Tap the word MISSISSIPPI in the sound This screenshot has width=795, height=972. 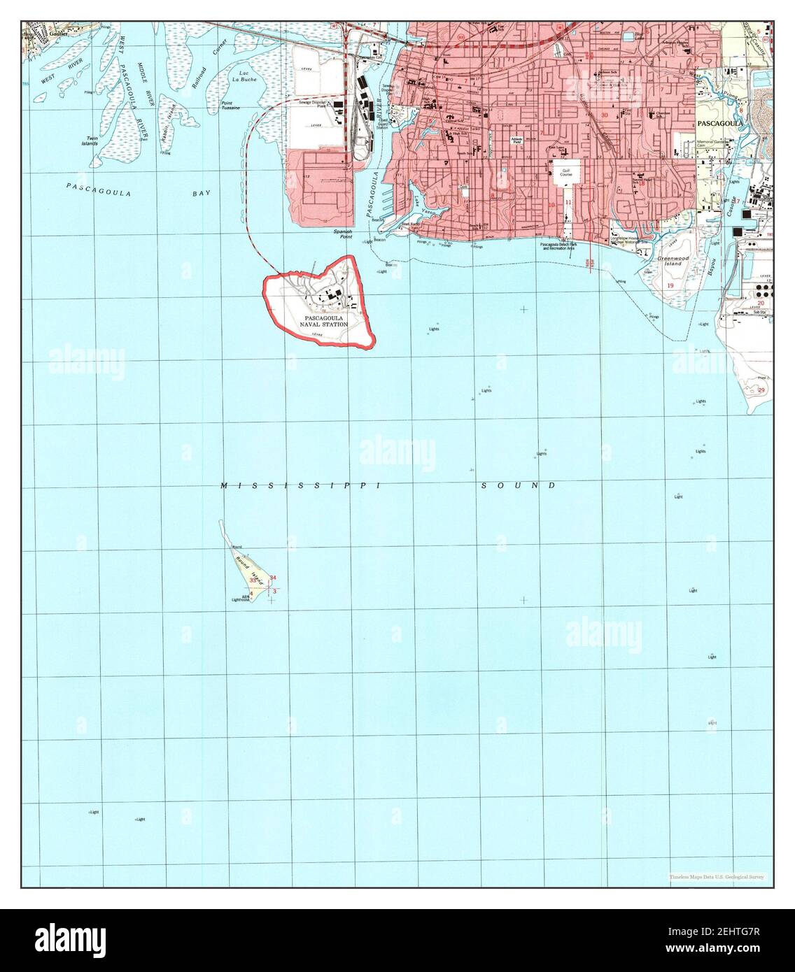[299, 485]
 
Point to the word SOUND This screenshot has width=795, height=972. [519, 485]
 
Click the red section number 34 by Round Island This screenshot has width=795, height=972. [273, 577]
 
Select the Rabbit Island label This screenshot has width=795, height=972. [167, 119]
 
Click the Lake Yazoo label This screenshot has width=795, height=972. [418, 203]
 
